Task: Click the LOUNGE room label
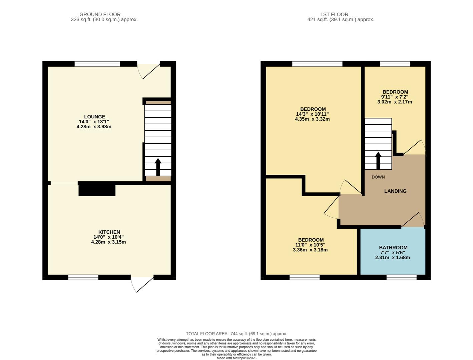(94, 117)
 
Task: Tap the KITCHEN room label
(109, 232)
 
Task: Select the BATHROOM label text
(393, 248)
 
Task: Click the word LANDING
(395, 191)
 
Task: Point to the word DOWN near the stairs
(378, 177)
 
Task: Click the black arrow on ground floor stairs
(158, 167)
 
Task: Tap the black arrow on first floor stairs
(378, 161)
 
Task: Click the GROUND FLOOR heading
(100, 14)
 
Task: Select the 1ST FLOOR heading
(334, 14)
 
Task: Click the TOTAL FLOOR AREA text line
(236, 334)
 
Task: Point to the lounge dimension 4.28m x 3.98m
(94, 127)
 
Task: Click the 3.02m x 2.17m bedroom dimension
(395, 102)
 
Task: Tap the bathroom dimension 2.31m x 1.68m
(393, 257)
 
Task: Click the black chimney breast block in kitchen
(97, 190)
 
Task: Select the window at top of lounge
(97, 64)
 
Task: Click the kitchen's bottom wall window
(83, 277)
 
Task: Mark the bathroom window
(402, 277)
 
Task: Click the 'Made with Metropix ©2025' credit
(236, 358)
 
